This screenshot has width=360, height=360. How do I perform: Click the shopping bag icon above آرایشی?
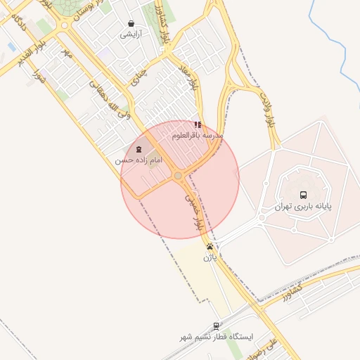[131, 23]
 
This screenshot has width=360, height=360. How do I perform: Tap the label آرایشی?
[131, 34]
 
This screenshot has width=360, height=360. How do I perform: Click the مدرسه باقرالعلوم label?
[198, 134]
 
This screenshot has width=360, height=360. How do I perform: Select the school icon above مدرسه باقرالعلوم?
[198, 124]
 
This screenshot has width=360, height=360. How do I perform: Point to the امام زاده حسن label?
[139, 160]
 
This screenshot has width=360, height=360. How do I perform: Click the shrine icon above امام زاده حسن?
[138, 149]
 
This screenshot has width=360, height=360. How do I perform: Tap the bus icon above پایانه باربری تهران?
[303, 195]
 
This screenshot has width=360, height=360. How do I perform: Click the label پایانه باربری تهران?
[303, 207]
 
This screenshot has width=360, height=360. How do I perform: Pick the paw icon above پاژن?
[210, 247]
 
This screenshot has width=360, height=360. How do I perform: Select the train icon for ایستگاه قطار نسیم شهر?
[217, 326]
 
